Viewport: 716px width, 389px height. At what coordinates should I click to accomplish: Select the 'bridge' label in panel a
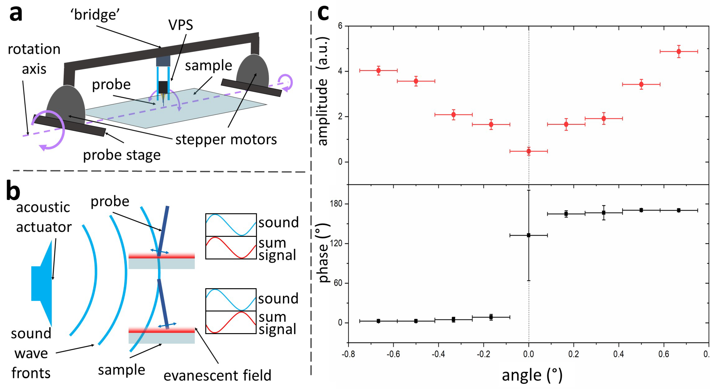95,15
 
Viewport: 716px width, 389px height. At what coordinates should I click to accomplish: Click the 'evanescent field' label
217,375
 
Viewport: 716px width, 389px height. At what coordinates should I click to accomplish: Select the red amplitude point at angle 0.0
528,151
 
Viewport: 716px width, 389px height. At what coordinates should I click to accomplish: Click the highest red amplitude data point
679,52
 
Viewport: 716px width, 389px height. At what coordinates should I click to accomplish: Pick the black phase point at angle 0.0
528,235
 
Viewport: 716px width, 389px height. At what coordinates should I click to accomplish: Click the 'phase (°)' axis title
323,253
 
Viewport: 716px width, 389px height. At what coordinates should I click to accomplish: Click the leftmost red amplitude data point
378,70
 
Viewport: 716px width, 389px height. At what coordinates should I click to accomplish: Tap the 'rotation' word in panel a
34,49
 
